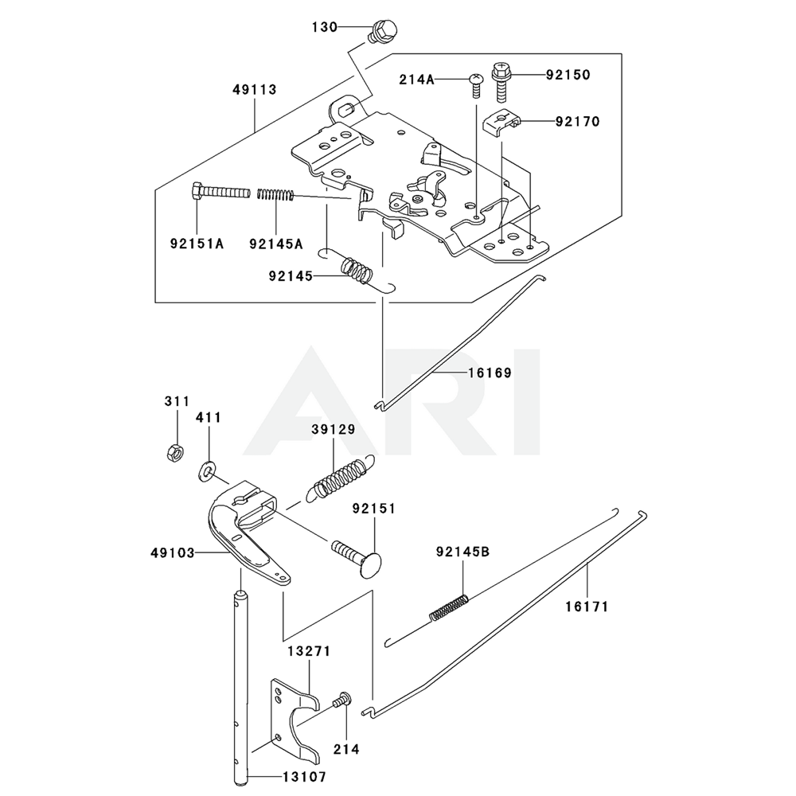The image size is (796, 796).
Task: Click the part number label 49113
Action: point(255,90)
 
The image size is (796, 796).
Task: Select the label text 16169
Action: point(490,372)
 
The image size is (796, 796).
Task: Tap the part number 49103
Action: point(172,551)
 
